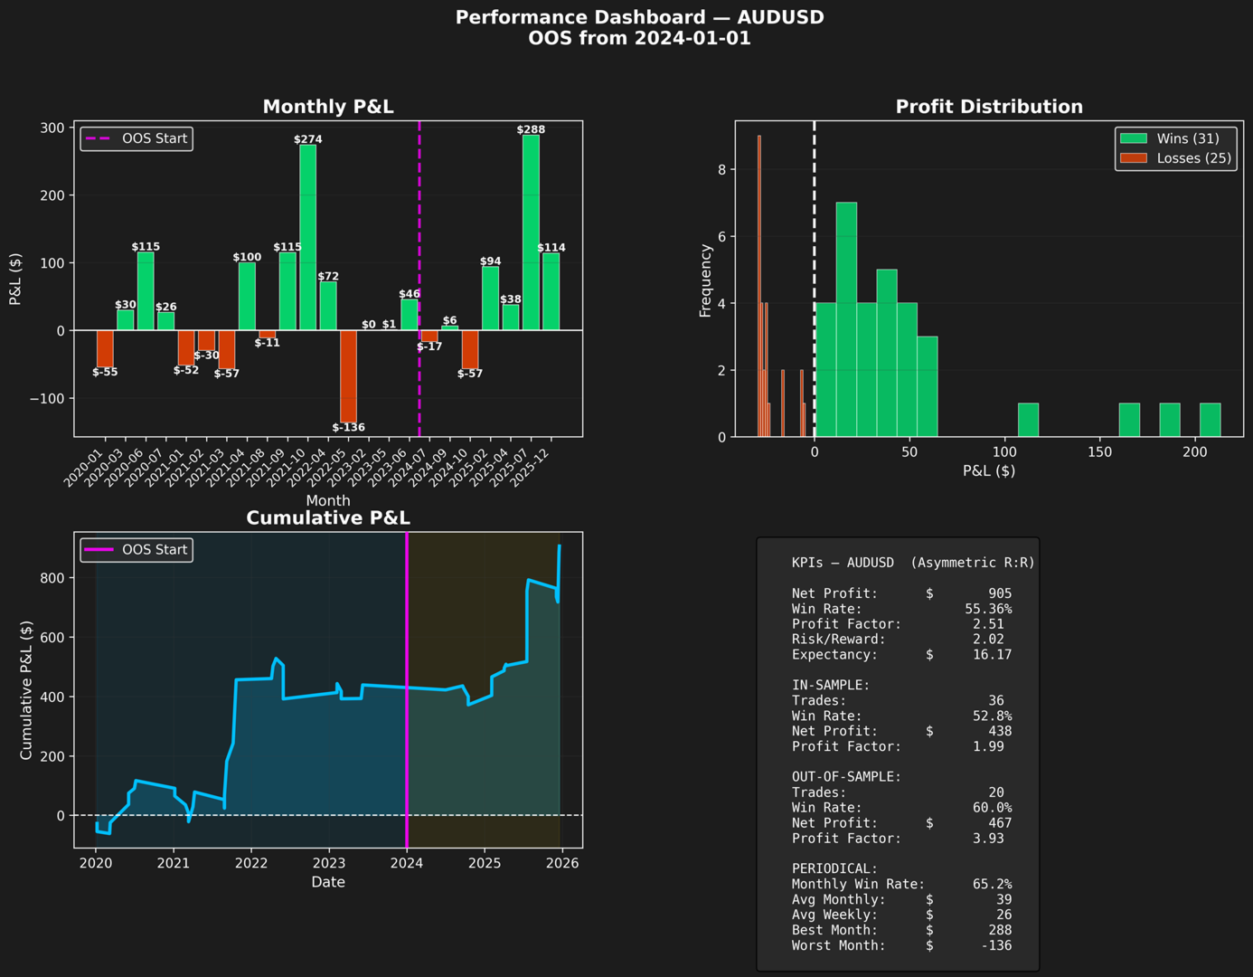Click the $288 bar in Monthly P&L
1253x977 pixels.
[531, 232]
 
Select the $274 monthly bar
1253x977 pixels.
[308, 237]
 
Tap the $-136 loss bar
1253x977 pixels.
[348, 375]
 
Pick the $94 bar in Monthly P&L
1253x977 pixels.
[490, 299]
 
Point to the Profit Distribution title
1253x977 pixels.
[989, 107]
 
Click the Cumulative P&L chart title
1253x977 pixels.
[328, 518]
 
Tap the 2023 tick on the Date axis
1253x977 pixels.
[329, 863]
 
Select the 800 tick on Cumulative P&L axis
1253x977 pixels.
[52, 578]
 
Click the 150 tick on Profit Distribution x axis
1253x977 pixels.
[1099, 452]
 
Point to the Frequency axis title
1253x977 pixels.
[706, 280]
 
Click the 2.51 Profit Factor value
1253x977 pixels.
[988, 624]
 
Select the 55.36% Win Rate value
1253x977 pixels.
[988, 609]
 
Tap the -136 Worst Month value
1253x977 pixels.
[996, 945]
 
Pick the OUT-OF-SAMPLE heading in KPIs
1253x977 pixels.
[846, 777]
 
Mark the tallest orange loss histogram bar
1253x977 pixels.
[759, 286]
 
